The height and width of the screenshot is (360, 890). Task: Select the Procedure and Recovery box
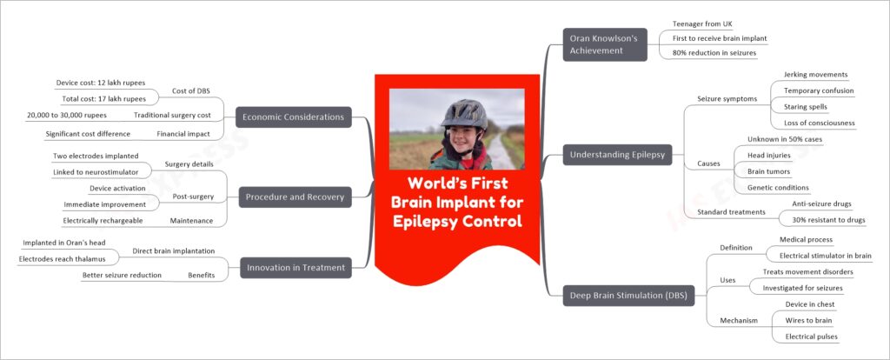pos(296,197)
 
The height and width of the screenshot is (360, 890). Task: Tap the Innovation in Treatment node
pos(296,268)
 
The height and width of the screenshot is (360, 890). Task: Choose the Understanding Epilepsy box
pos(618,155)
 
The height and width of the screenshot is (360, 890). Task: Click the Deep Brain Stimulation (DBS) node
pos(629,296)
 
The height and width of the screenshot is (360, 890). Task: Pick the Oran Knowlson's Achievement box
pos(605,44)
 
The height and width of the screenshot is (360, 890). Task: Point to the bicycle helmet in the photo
pos(464,114)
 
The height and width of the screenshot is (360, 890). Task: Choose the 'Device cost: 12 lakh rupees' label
pos(101,83)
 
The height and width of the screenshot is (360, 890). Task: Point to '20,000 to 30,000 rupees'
pos(66,115)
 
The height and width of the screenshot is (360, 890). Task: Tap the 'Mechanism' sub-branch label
pos(739,320)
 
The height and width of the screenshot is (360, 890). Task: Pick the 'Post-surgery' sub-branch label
pos(195,197)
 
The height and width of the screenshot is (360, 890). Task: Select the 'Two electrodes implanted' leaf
pos(96,156)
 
